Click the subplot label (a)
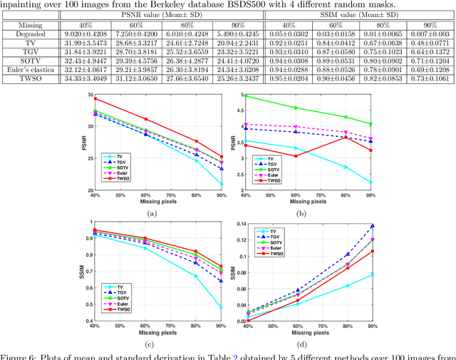(150, 212)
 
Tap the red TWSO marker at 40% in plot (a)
(95, 98)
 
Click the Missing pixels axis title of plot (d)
(320, 331)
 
